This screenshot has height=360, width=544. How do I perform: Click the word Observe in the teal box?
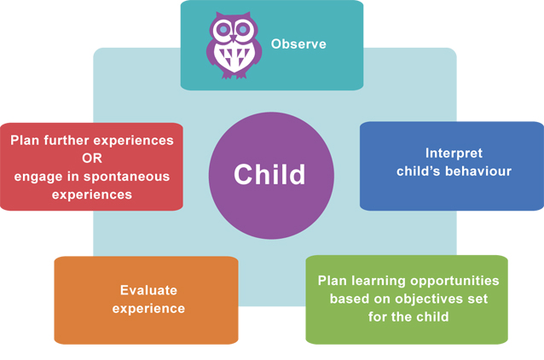[x=298, y=44]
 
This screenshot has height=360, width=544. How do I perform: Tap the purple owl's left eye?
[x=223, y=30]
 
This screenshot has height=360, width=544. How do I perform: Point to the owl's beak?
[x=233, y=38]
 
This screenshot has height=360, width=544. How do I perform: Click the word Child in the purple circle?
[x=269, y=174]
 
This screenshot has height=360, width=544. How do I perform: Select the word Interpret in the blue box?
[x=454, y=154]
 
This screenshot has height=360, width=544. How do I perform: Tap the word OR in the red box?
[x=92, y=159]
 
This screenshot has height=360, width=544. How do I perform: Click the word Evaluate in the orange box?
[x=148, y=290]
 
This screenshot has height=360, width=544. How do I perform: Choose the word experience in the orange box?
[x=148, y=309]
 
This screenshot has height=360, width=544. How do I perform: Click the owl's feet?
[x=234, y=75]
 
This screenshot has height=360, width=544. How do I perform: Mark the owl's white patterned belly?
[x=234, y=57]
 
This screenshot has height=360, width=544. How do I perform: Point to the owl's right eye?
[x=243, y=30]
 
